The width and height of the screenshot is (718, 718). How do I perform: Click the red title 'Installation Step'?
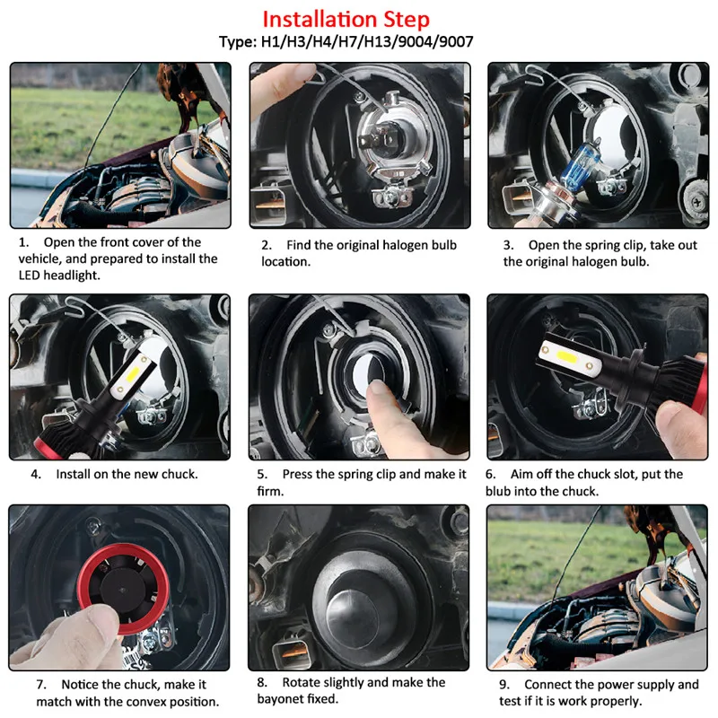346,19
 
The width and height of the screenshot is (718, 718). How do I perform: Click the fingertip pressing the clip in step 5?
378,390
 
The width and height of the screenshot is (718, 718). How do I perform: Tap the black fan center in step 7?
122,591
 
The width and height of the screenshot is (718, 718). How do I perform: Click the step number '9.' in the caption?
504,685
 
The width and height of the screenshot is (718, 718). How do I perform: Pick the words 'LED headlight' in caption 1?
59,276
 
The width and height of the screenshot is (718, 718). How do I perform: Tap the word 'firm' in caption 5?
268,491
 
